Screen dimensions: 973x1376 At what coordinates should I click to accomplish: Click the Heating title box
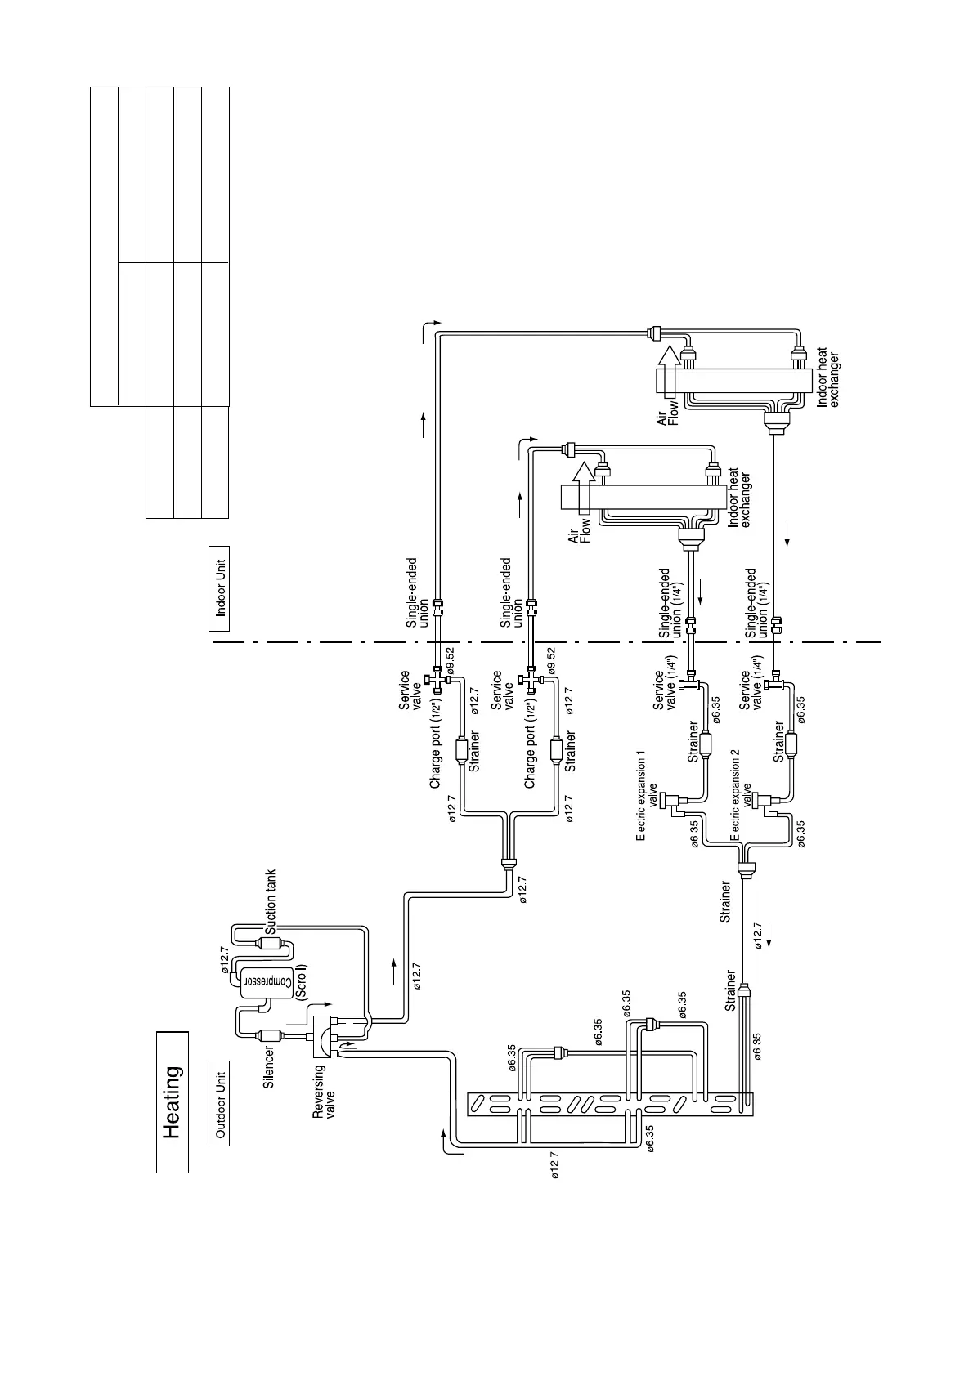(x=172, y=1102)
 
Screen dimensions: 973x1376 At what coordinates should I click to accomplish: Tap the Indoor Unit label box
(x=219, y=589)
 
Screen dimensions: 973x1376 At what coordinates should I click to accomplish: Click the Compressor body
(x=263, y=980)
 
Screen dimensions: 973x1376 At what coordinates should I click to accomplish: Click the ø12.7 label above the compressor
(x=226, y=959)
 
